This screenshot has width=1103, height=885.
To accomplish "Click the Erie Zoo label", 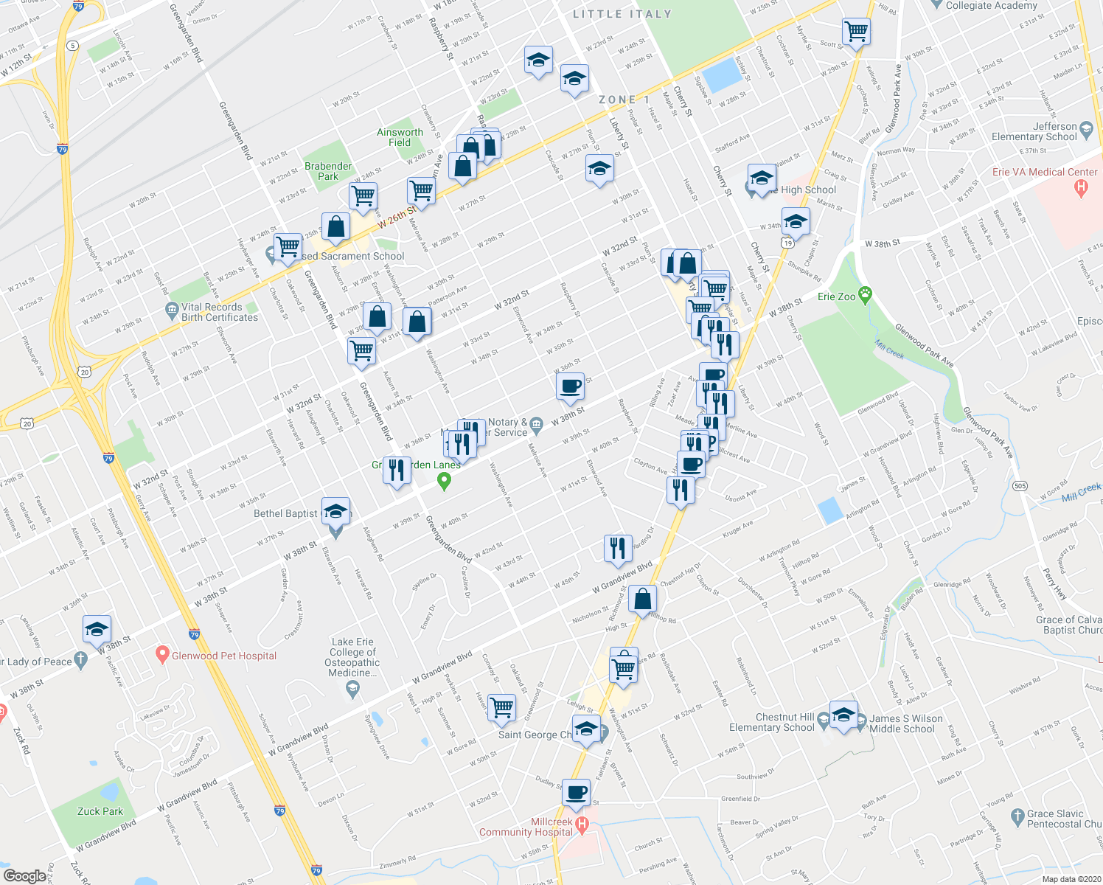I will (x=837, y=296).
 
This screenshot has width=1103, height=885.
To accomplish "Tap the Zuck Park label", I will (x=100, y=811).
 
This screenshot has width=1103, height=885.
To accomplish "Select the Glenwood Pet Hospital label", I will (x=224, y=656).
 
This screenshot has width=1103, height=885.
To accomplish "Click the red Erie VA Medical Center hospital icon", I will (x=1082, y=187).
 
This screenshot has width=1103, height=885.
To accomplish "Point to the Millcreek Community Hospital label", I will (x=526, y=827).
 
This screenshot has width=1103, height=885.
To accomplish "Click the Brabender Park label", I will (x=328, y=171).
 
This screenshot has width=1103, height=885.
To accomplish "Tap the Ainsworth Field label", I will (x=400, y=137).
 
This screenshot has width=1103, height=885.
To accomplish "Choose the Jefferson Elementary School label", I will (x=1034, y=131).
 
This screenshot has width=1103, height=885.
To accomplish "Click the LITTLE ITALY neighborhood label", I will (x=622, y=14).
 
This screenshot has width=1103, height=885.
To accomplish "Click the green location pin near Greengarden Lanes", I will (x=444, y=482).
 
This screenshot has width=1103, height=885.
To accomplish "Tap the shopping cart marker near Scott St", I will (x=856, y=32).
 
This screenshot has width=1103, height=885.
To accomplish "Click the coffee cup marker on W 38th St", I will (x=570, y=386).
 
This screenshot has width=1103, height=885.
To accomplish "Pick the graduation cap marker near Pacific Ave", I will (x=97, y=629).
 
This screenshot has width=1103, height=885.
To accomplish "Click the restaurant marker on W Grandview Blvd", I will (x=618, y=548).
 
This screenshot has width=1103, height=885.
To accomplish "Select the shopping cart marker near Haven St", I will (x=502, y=707).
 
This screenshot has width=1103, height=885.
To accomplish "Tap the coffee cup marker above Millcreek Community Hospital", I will (x=577, y=793).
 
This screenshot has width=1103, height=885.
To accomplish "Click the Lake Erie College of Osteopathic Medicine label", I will (x=352, y=657).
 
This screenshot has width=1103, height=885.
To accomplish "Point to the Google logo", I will (x=24, y=876).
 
